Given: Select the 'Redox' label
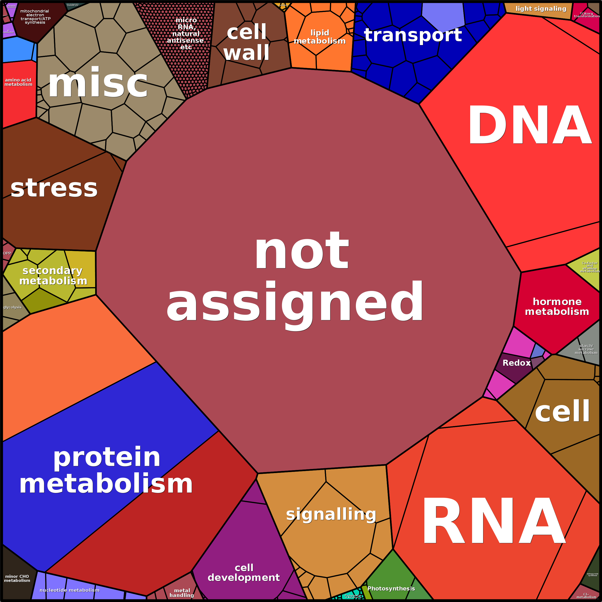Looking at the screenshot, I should coord(516,363).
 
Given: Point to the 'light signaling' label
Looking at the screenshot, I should coord(541,9).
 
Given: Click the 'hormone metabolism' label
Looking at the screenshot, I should coord(557,307).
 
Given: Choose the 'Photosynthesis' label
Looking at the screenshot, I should coord(391,589).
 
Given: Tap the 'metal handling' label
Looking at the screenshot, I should coord(182,593).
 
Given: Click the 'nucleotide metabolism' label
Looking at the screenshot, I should coord(69,590).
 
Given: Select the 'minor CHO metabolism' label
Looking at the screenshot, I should coord(17,578).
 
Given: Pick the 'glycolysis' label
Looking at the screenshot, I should coord(12,307).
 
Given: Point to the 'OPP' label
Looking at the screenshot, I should coord(7,253).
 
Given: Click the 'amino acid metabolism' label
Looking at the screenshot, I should coord(18,82).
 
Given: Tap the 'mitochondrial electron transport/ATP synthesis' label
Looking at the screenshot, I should coord(35,17).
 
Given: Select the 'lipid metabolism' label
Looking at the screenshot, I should coord(320,37).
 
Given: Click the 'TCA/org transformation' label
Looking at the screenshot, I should coord(587,15).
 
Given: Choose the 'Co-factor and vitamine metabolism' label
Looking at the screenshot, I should coord(590,267).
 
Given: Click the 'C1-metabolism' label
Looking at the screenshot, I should coord(586,596).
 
